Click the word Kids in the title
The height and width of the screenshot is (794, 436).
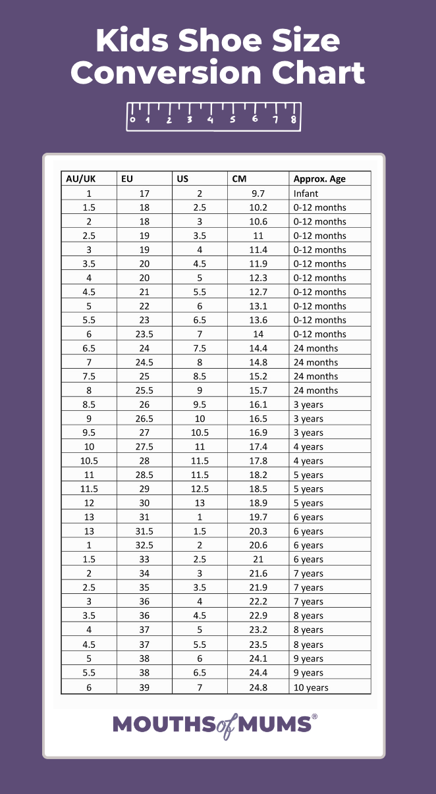132,41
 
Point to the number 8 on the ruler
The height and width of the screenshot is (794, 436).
293,120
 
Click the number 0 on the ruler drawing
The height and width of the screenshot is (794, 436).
133,120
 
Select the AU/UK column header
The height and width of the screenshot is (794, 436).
81,179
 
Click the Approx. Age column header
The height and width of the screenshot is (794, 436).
319,179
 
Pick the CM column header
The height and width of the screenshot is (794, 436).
239,179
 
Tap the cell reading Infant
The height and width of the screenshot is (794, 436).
306,194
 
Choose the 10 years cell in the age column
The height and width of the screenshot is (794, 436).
311,687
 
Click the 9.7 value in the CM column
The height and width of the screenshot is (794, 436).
258,194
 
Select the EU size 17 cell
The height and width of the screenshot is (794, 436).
144,194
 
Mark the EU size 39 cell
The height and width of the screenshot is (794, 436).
144,687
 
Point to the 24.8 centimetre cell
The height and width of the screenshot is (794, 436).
258,687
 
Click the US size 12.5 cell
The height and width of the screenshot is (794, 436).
200,489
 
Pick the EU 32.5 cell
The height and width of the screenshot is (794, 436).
144,545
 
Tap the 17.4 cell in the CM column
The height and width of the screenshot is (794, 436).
258,447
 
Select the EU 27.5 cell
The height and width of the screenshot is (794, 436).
144,447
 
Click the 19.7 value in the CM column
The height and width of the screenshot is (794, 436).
258,517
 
